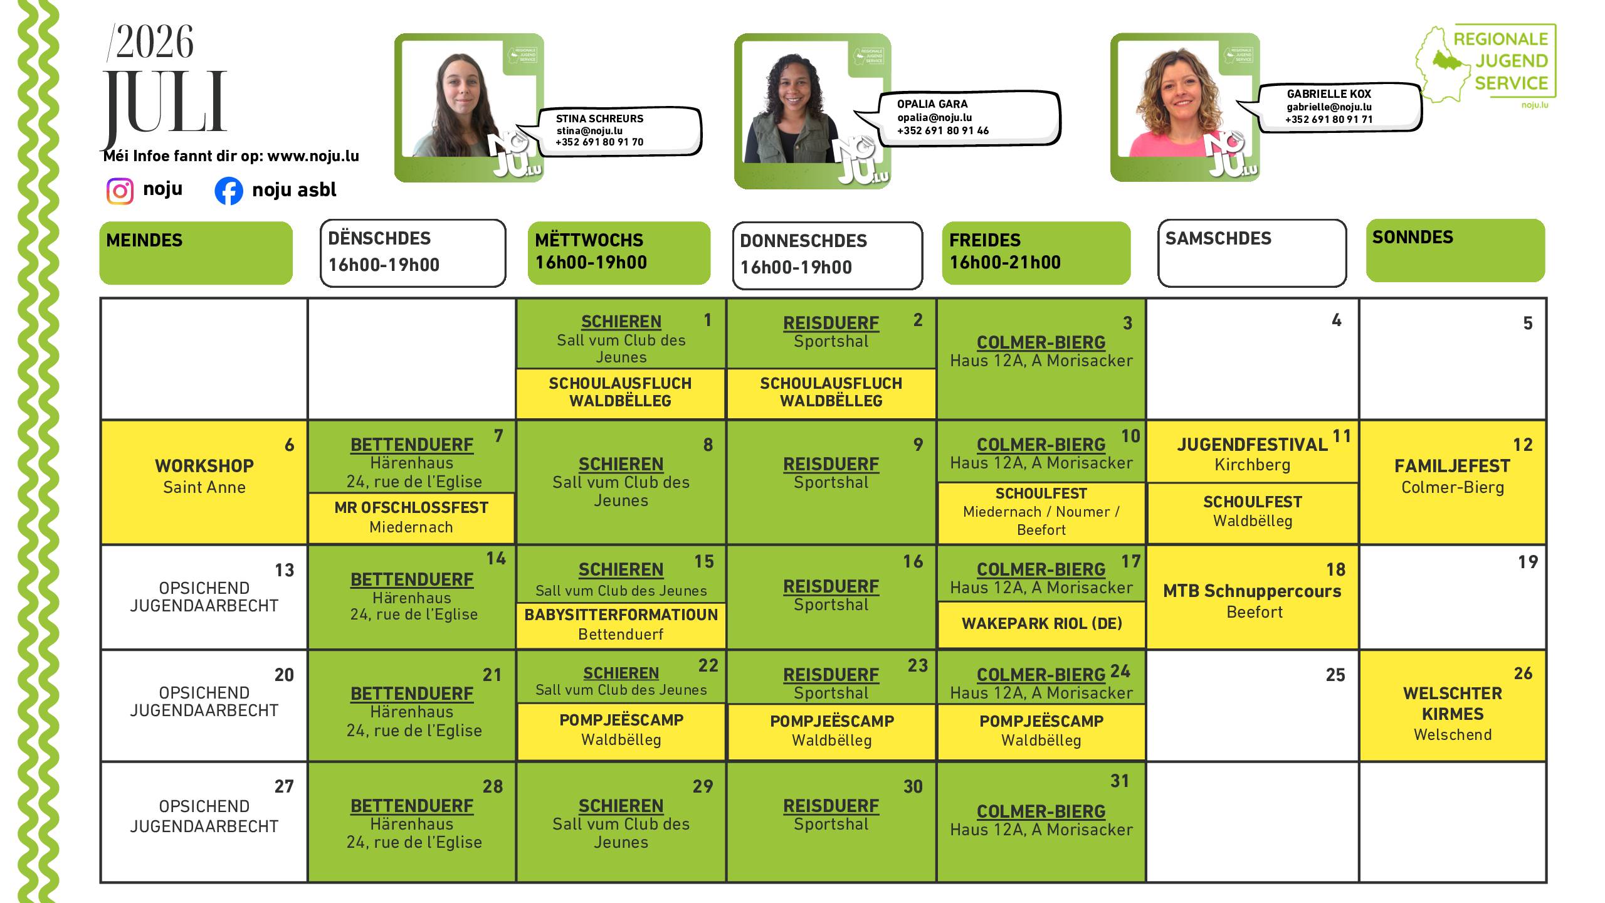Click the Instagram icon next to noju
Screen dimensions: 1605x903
(120, 191)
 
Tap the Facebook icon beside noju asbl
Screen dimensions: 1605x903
(229, 191)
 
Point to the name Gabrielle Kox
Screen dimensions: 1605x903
(1329, 94)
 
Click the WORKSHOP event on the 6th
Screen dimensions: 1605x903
(204, 466)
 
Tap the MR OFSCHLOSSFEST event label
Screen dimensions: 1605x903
(411, 507)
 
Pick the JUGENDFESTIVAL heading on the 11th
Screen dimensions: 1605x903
(1252, 445)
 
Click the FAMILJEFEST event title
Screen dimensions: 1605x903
(1452, 466)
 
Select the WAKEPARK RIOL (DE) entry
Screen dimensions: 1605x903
(1041, 623)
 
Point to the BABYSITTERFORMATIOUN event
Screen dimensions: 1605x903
(621, 615)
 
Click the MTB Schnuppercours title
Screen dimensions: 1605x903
(1252, 591)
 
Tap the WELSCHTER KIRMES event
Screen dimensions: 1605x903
(1453, 704)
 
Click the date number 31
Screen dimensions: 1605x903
(1120, 781)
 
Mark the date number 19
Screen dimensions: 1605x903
(1528, 562)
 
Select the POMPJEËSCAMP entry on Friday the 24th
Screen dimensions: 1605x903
(1041, 721)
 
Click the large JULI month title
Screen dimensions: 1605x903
(164, 102)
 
